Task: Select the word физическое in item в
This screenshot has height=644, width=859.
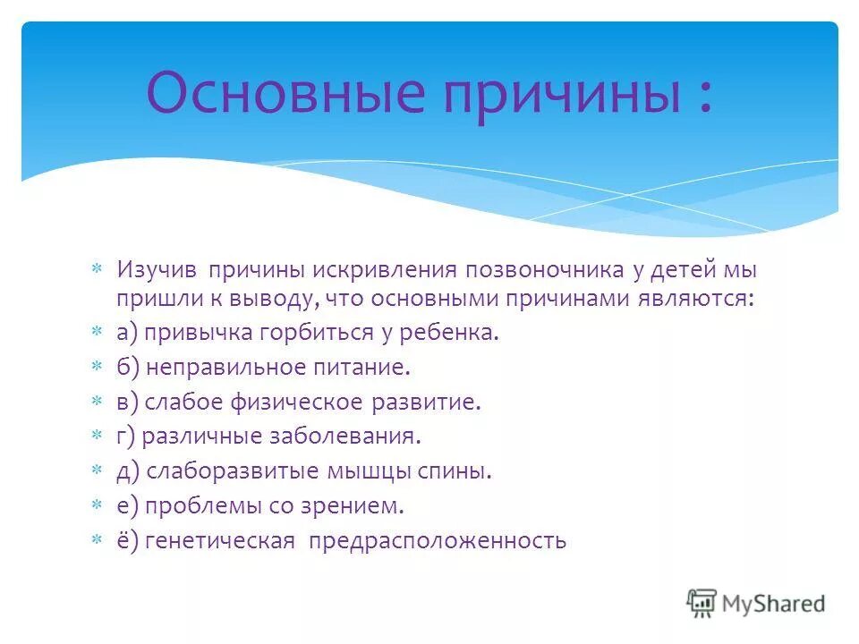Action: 306,402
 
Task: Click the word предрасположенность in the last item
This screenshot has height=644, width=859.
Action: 438,541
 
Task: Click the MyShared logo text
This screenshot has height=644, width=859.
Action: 775,604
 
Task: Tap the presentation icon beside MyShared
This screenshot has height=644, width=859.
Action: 702,604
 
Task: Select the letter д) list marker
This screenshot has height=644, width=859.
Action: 128,471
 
